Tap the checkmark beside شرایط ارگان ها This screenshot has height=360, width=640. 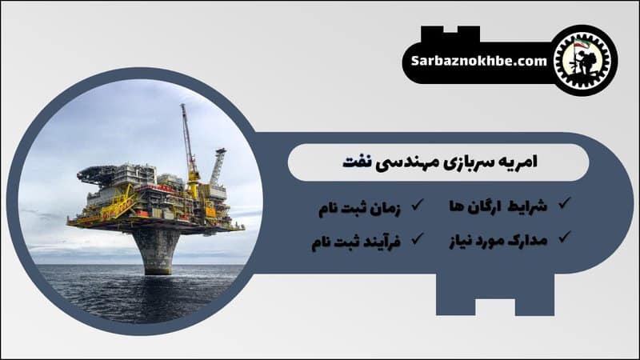564,204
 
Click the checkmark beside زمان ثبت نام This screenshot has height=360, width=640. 417,205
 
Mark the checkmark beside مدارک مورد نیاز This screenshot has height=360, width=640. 564,237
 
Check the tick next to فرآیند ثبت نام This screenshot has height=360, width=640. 417,238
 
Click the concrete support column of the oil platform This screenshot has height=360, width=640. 157,247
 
